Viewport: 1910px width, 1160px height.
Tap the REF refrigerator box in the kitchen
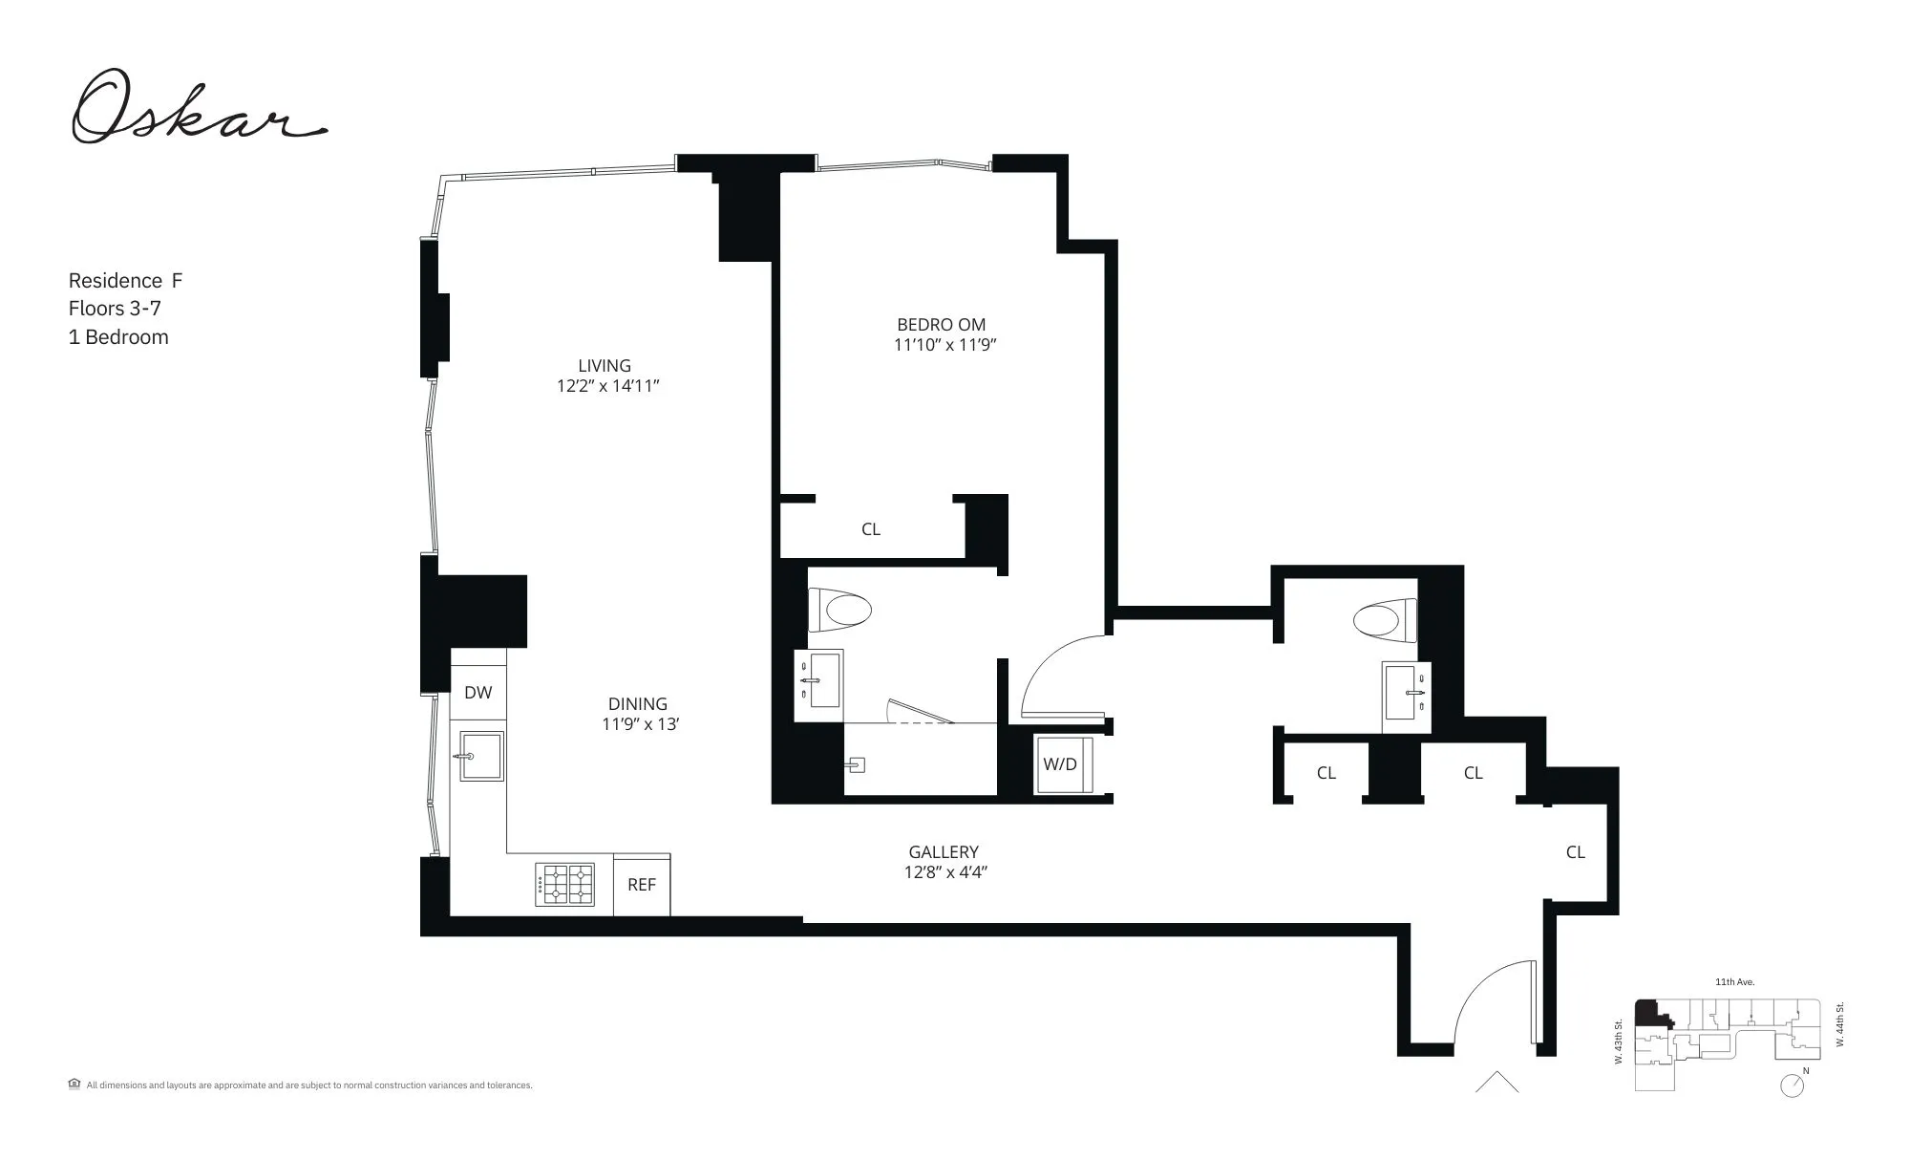click(642, 885)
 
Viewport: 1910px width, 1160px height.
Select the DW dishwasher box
click(478, 693)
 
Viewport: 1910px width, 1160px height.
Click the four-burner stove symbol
click(564, 885)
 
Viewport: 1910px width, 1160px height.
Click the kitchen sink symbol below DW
click(480, 756)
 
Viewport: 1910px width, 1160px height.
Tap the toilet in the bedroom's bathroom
click(840, 611)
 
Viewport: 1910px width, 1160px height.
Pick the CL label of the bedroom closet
click(871, 529)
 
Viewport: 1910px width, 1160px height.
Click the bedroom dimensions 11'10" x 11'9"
click(945, 346)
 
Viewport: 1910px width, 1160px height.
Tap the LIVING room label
click(605, 366)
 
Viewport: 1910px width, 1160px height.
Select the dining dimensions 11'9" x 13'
click(640, 724)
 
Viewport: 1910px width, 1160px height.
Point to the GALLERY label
click(944, 851)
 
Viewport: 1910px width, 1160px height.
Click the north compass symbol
click(1793, 1085)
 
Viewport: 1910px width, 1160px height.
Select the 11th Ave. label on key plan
click(1734, 982)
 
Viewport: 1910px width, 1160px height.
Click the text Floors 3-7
click(115, 309)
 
